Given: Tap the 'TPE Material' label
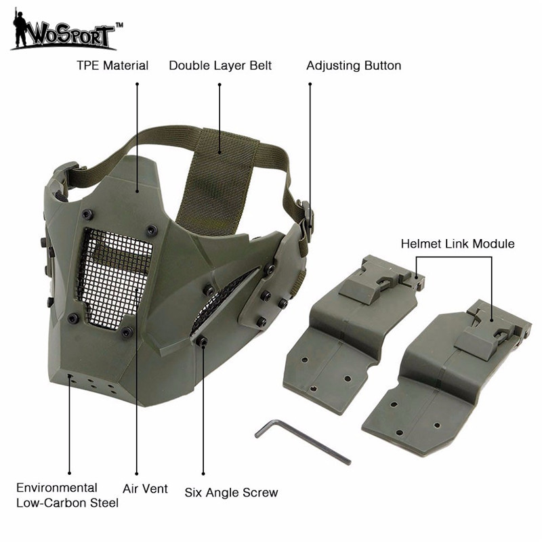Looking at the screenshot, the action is coord(112,66).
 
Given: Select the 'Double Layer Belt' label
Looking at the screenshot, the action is coord(220,66).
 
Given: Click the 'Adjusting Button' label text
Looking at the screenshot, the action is coord(354,66).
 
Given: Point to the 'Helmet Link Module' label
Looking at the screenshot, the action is coord(457,243).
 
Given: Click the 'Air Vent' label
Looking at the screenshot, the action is coord(145,488).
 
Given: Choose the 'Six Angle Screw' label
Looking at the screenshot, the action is coord(231,493).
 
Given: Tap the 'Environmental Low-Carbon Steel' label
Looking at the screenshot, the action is coord(67,495).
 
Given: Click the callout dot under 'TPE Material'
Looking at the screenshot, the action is coord(137,84).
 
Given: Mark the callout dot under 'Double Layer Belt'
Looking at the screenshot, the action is coord(220,84).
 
